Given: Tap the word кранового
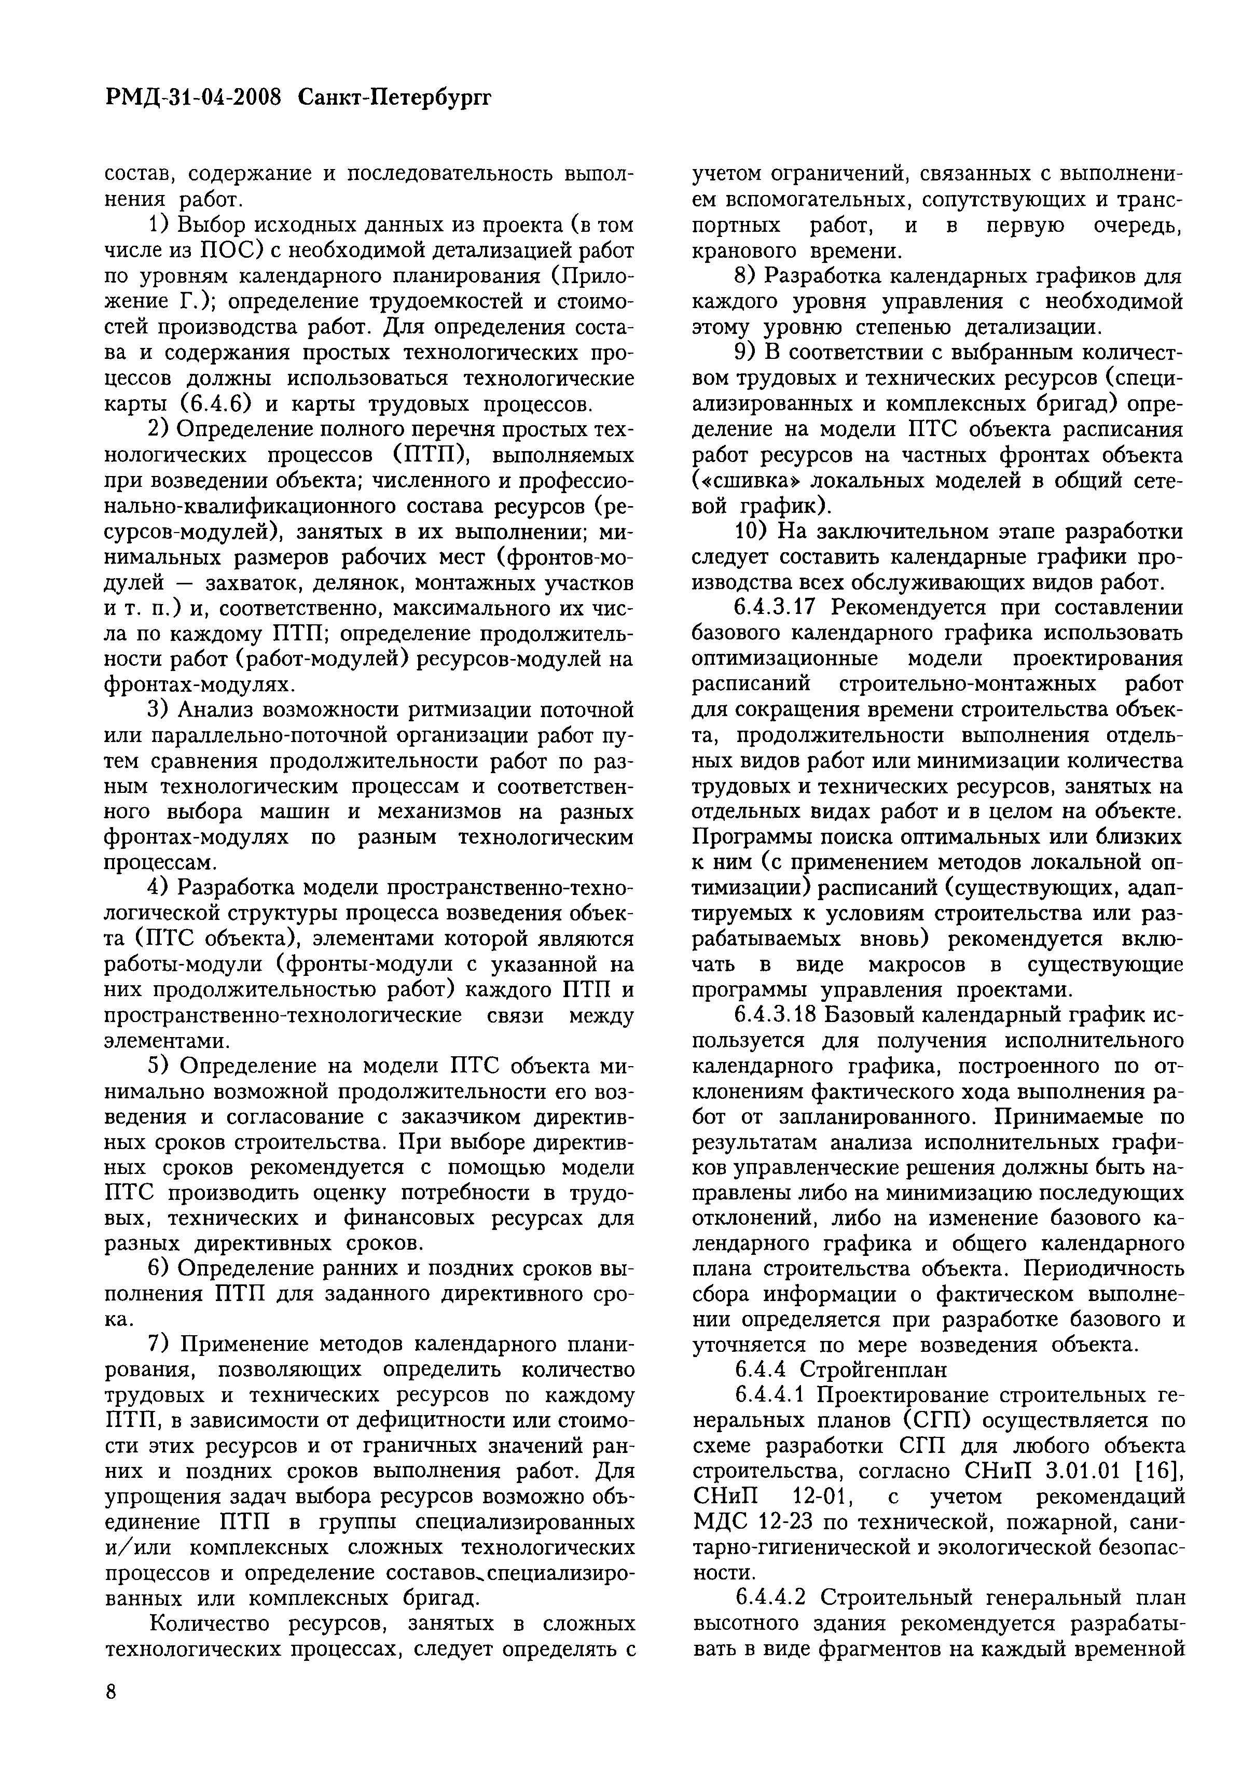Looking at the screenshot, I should pyautogui.click(x=744, y=251).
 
